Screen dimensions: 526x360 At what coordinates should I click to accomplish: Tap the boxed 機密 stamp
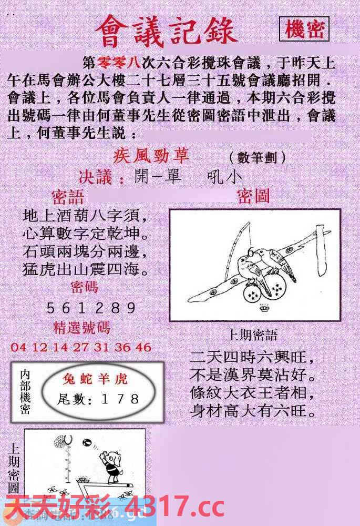pos(304,30)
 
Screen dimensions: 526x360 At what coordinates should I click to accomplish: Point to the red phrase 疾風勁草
pos(151,157)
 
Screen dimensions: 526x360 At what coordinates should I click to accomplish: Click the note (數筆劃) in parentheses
pos(258,157)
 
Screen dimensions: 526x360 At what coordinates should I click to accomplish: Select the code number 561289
pos(91,308)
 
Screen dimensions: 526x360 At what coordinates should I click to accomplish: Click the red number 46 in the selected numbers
pos(142,347)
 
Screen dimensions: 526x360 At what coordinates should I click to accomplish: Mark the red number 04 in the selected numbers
pos(18,347)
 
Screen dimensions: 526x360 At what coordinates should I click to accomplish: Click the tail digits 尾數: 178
pos(98,400)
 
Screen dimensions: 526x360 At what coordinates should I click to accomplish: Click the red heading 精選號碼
pos(82,327)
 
